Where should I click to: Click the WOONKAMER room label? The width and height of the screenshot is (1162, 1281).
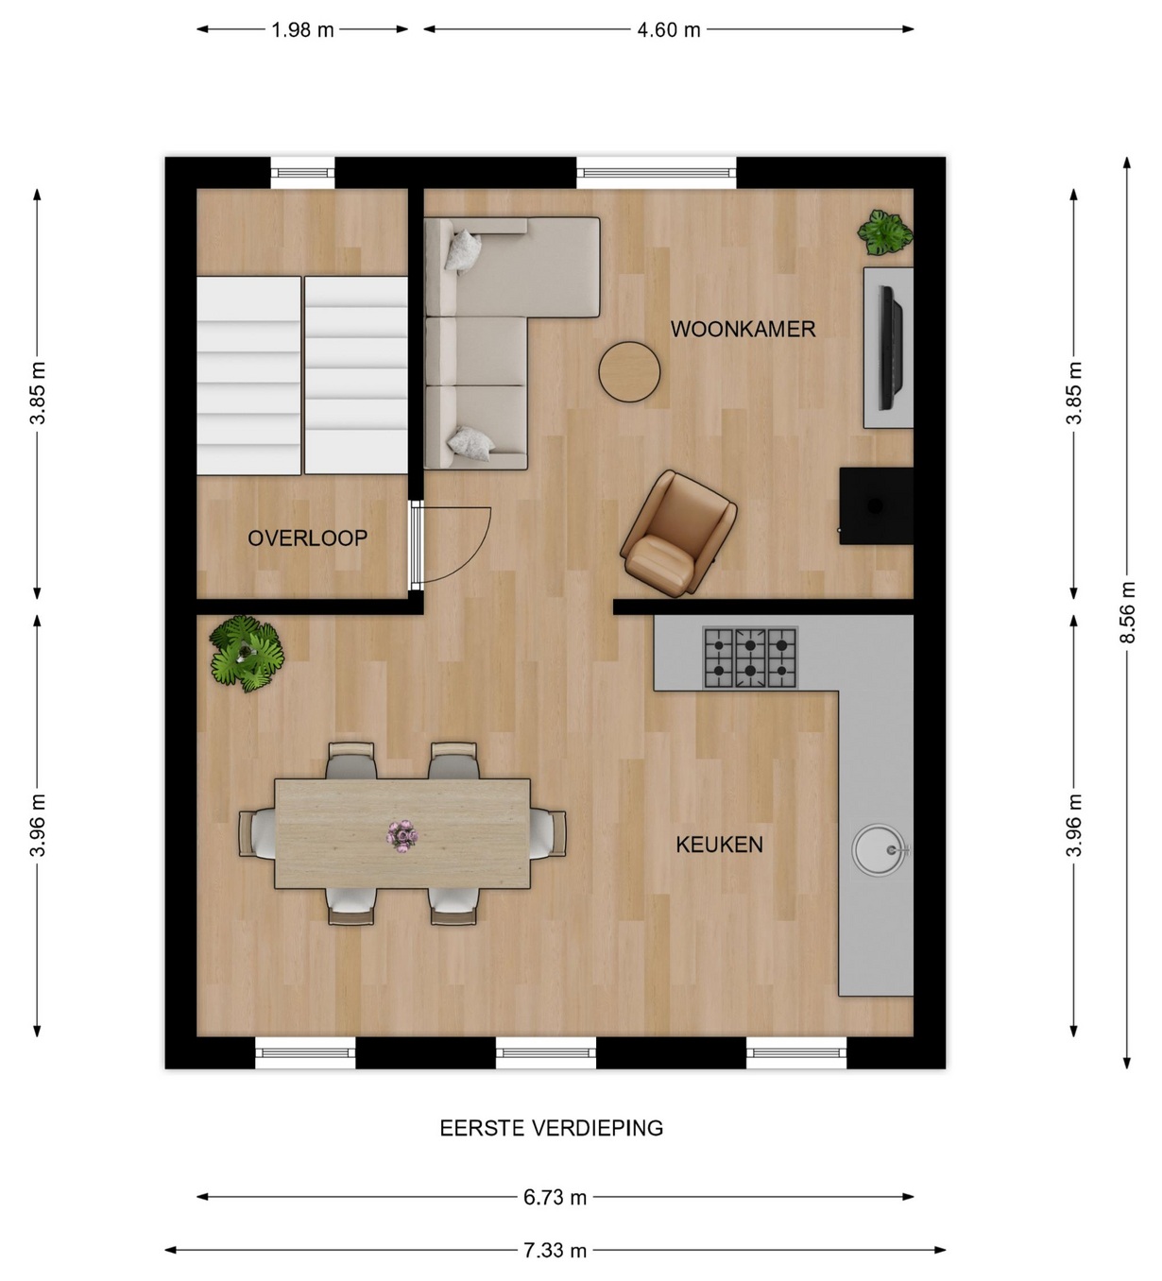(743, 330)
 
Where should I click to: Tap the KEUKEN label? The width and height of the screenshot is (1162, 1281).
(719, 845)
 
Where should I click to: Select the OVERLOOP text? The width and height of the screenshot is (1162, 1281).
(307, 538)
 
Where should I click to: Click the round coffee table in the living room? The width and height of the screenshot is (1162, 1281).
(629, 371)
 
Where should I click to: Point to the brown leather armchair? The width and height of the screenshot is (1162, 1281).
(677, 534)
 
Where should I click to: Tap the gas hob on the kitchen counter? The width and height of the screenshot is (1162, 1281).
(751, 658)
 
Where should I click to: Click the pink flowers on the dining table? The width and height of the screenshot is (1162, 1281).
(402, 836)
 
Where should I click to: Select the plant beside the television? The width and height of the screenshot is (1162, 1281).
(885, 232)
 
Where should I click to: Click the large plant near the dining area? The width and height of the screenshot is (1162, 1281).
(247, 654)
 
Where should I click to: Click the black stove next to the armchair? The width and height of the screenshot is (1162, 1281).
(876, 506)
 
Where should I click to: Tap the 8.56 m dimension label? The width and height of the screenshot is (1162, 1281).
(1128, 612)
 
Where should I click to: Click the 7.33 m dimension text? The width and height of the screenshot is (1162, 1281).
(555, 1250)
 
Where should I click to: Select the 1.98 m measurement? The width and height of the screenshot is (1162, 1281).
(302, 30)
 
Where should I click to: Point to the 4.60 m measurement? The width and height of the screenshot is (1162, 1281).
(668, 30)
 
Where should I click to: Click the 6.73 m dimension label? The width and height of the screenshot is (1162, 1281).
(555, 1197)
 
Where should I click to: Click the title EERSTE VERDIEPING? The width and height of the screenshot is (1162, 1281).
(552, 1128)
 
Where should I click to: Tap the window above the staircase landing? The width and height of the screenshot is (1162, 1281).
(302, 173)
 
